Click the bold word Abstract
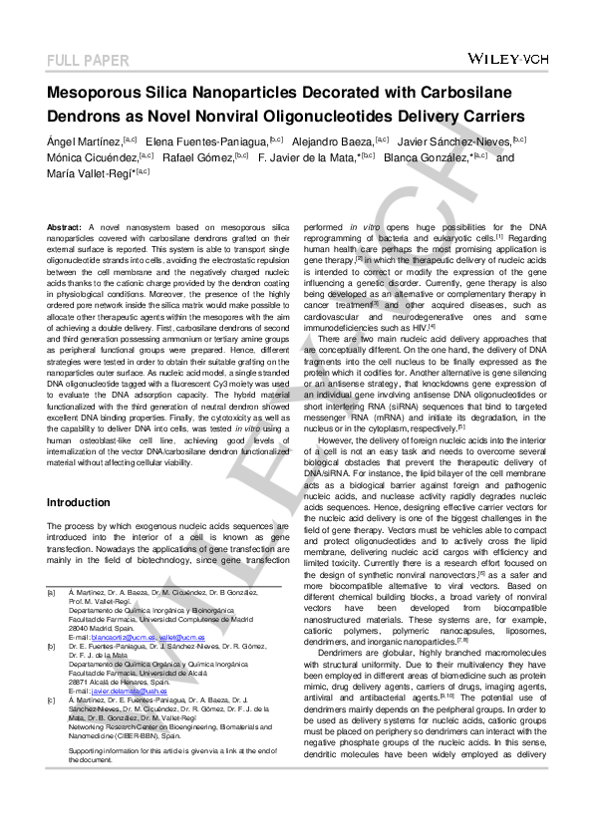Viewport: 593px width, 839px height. [x=65, y=228]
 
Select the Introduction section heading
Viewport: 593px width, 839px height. [x=79, y=502]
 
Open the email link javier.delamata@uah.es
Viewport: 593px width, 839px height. [x=130, y=691]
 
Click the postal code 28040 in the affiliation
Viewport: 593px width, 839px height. [x=80, y=629]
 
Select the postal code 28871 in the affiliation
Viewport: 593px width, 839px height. [x=80, y=682]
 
